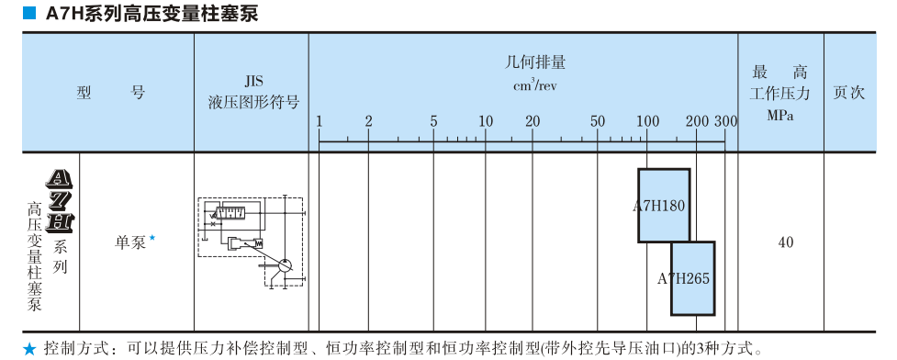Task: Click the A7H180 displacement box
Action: pyautogui.click(x=663, y=205)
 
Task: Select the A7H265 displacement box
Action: pyautogui.click(x=692, y=277)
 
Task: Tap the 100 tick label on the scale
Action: pyautogui.click(x=648, y=121)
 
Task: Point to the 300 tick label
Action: pyautogui.click(x=725, y=121)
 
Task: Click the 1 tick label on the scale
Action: pyautogui.click(x=320, y=121)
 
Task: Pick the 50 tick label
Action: pyautogui.click(x=598, y=121)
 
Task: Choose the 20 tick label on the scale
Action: pyautogui.click(x=532, y=121)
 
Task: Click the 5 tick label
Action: pyautogui.click(x=433, y=121)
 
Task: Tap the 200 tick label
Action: pyautogui.click(x=697, y=121)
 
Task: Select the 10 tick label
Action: pyautogui.click(x=486, y=121)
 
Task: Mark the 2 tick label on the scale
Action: pyautogui.click(x=368, y=121)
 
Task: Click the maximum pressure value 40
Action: pyautogui.click(x=785, y=242)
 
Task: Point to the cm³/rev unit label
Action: pyautogui.click(x=535, y=85)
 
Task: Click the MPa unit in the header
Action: pyautogui.click(x=780, y=115)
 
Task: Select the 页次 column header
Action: pyautogui.click(x=848, y=93)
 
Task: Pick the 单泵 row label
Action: pyautogui.click(x=130, y=242)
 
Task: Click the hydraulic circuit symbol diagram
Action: pyautogui.click(x=251, y=240)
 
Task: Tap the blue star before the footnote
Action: pyautogui.click(x=30, y=349)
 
